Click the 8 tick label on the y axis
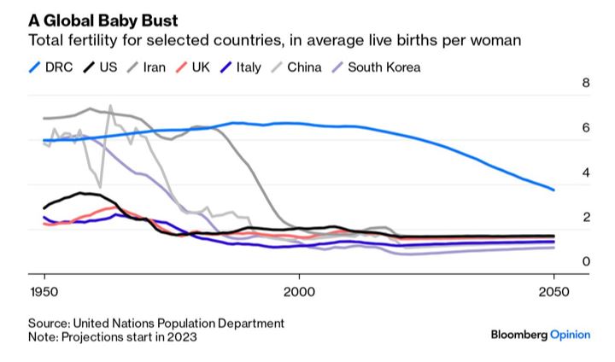[x=586, y=84]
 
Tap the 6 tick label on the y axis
[x=586, y=128]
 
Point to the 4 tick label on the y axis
[x=586, y=173]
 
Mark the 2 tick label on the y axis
[x=586, y=218]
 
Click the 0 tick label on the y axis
[x=586, y=262]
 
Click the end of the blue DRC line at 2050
[x=553, y=190]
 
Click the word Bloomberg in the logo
[x=518, y=335]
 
